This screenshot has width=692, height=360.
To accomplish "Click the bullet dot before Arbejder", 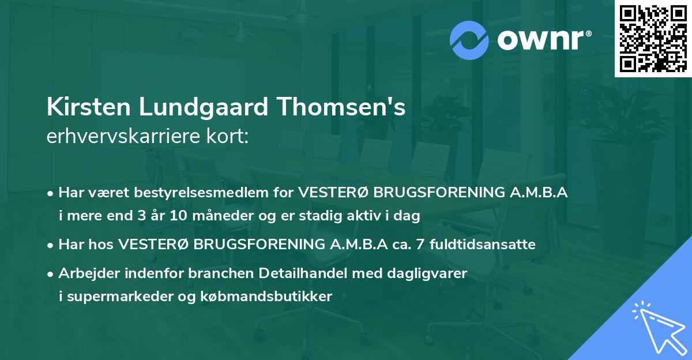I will pos(51,274).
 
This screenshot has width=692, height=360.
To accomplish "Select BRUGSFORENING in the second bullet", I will pos(259,245).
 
